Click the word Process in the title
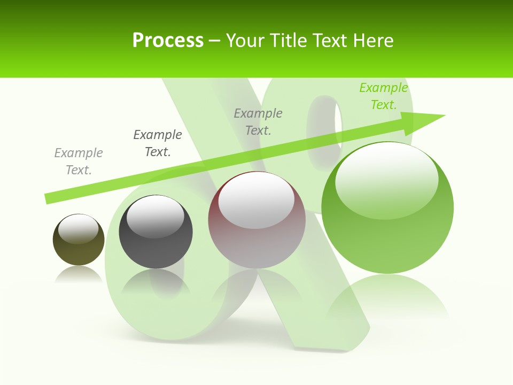coord(168,41)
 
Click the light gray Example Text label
coord(79,161)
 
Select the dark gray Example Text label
coord(158,143)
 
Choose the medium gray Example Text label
coord(258,122)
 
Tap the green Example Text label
coord(383,96)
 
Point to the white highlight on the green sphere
coord(386,179)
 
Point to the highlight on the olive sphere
coord(78,229)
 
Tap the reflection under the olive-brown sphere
coord(79,275)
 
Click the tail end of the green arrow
coord(49,198)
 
